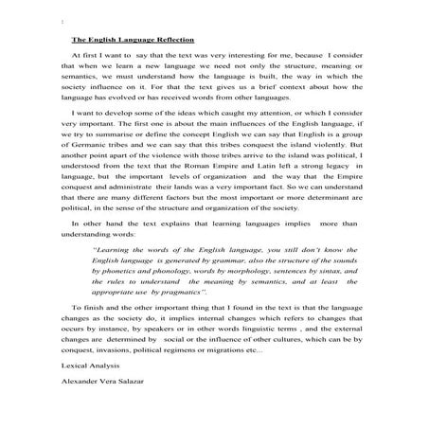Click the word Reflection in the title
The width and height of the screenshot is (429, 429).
pos(172,41)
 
